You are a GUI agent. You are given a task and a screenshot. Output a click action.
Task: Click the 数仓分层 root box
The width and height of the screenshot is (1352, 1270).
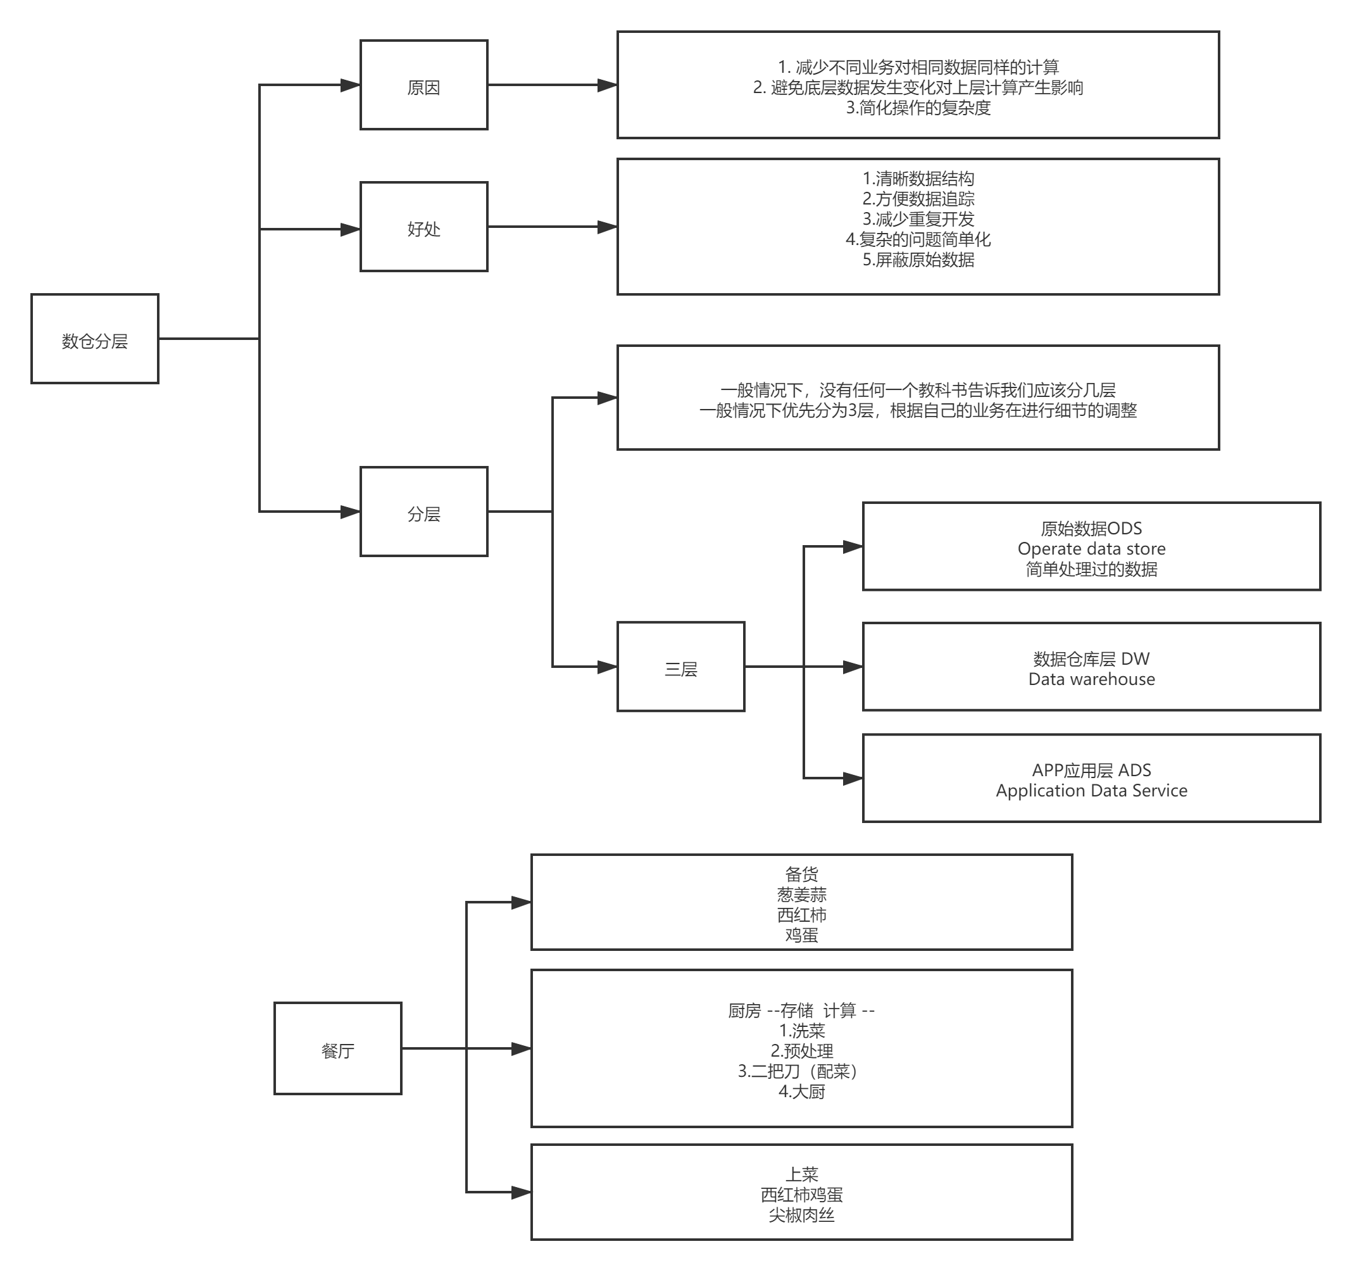click(x=94, y=339)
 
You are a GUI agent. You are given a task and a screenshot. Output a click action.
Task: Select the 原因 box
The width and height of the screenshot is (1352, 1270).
click(x=423, y=85)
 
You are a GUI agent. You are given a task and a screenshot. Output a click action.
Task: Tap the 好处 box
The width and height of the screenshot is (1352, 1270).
click(x=423, y=227)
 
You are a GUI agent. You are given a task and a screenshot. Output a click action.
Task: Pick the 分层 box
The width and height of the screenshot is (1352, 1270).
click(x=423, y=512)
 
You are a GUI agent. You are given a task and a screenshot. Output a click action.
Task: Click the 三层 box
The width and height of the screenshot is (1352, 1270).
click(x=681, y=667)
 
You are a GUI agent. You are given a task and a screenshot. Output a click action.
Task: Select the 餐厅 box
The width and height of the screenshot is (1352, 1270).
click(x=338, y=1048)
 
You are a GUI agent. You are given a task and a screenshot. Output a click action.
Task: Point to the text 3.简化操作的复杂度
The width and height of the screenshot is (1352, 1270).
click(x=918, y=108)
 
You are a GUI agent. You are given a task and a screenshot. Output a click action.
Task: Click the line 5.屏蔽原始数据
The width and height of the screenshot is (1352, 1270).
click(x=918, y=260)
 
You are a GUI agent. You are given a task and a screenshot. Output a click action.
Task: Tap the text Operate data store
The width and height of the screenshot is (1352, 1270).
click(x=1091, y=549)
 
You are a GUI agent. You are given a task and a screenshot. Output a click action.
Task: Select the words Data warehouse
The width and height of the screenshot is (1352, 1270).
click(x=1091, y=679)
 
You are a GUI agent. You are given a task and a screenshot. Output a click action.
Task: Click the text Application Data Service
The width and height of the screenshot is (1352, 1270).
click(x=1091, y=791)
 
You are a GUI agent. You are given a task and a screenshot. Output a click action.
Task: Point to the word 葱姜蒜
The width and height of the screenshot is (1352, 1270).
click(x=802, y=895)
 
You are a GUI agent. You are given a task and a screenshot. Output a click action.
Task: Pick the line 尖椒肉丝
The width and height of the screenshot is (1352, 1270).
click(x=802, y=1215)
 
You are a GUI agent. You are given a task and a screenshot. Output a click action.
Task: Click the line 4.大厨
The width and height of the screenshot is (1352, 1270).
click(x=802, y=1091)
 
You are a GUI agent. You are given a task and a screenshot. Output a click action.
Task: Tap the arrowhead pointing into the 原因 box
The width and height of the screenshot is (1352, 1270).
click(x=351, y=85)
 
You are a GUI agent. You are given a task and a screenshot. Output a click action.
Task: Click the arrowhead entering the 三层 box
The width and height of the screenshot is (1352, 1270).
click(x=607, y=667)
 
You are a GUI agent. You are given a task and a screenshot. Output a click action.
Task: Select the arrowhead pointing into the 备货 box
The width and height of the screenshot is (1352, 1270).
click(x=522, y=903)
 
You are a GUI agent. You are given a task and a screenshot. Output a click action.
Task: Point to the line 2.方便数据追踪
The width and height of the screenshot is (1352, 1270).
click(x=918, y=199)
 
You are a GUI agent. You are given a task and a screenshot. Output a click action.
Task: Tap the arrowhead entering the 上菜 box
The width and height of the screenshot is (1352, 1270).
click(x=522, y=1193)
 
